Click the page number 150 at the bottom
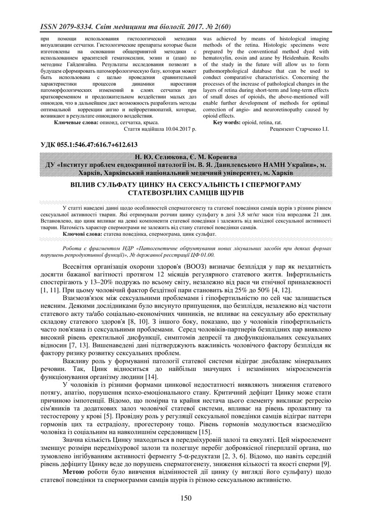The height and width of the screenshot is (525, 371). [185, 498]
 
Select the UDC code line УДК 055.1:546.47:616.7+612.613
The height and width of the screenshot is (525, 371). [89, 145]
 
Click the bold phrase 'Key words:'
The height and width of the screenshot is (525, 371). [226, 122]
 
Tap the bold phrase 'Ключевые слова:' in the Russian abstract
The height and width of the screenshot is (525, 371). [76, 122]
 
